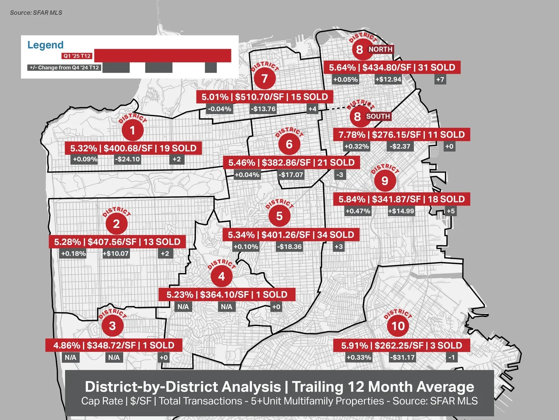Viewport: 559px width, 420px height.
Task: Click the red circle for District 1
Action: pos(132,130)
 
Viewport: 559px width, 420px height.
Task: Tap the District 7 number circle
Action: pos(264,78)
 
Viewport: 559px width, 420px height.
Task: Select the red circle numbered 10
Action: pos(398,326)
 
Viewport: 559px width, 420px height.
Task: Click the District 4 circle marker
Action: pos(221,276)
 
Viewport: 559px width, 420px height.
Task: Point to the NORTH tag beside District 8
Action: pos(380,49)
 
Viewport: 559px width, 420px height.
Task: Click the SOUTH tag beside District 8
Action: pos(378,116)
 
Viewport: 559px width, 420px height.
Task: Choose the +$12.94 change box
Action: pos(388,80)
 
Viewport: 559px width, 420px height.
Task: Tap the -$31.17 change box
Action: pos(402,357)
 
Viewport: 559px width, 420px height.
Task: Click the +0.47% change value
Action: pos(358,211)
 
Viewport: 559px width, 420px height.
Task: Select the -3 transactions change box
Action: pos(339,175)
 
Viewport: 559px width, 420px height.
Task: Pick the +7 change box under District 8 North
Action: pos(440,80)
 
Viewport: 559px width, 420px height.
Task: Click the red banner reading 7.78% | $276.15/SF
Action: pos(401,135)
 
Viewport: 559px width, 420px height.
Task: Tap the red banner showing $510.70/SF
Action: pos(265,97)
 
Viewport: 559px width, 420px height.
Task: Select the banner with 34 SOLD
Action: pos(291,235)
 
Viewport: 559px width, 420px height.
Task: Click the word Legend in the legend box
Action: pos(45,45)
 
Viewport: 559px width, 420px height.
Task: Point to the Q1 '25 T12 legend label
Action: pos(77,56)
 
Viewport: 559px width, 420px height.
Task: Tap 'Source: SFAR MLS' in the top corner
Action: pos(36,13)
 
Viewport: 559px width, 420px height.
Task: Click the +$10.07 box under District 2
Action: pos(116,254)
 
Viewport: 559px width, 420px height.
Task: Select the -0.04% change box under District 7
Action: pos(220,109)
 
